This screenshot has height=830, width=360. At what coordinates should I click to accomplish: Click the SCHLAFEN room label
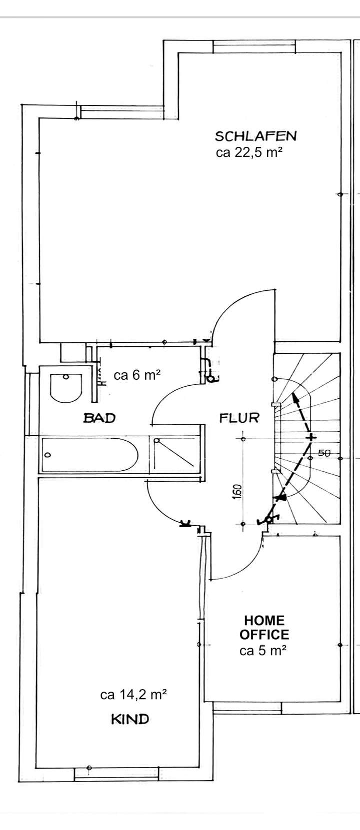point(255,136)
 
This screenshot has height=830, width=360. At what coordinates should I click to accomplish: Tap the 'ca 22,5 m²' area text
point(246,152)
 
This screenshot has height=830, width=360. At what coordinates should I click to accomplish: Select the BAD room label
point(99,418)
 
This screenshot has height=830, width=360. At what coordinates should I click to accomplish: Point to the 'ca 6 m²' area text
point(137,375)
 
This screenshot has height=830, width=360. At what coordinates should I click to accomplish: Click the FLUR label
point(239,418)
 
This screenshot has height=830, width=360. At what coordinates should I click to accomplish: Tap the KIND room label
point(129,719)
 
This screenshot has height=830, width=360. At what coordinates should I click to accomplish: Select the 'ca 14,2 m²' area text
point(133,695)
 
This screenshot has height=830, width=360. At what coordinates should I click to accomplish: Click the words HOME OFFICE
point(264,628)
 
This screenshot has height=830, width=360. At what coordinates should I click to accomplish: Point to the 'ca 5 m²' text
point(263,651)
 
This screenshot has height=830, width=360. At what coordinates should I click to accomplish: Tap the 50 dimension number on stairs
point(324,453)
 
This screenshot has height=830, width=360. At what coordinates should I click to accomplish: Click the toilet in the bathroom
point(65,387)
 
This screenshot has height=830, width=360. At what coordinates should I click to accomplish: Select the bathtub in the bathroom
point(90,454)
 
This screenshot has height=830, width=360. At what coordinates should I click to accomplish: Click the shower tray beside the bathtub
point(176,454)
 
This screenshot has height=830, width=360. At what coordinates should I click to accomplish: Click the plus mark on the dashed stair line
point(311,438)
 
